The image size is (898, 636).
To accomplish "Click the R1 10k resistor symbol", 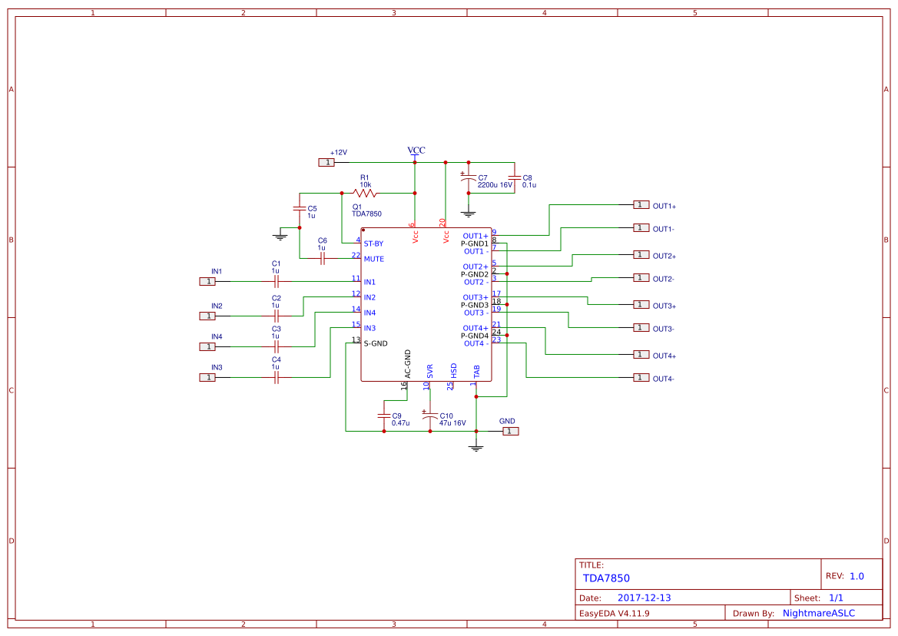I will tap(365, 192).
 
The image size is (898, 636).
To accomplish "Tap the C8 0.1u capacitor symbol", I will tap(514, 177).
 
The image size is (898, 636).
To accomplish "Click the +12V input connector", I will tap(327, 162).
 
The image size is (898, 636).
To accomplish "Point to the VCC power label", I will tap(416, 151).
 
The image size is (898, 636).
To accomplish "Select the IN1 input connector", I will tap(207, 281).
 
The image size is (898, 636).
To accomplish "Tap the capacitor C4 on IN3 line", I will tap(277, 377).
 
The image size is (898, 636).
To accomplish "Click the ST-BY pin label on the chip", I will tap(373, 243).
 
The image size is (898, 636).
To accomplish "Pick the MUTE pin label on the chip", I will tap(374, 259).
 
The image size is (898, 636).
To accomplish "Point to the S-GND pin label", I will tap(376, 343).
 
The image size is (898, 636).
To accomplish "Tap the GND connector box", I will tap(510, 431).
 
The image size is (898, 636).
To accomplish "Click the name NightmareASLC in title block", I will tap(818, 613).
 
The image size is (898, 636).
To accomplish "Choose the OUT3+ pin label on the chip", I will tap(476, 297).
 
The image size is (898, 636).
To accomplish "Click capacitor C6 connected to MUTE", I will tap(322, 259).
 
